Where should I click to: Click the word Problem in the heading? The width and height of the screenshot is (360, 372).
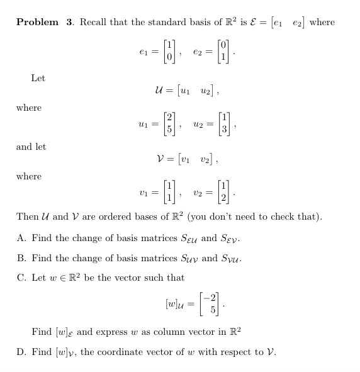[x=38, y=23]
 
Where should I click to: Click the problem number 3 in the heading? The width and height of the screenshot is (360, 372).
[x=69, y=23]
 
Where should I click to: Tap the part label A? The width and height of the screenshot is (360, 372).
[x=21, y=238]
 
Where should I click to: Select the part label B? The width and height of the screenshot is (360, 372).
[x=21, y=258]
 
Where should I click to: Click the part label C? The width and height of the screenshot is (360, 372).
[x=21, y=278]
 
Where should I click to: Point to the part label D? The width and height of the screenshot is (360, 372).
[x=21, y=352]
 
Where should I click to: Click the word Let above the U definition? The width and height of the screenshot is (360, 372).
[x=38, y=78]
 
